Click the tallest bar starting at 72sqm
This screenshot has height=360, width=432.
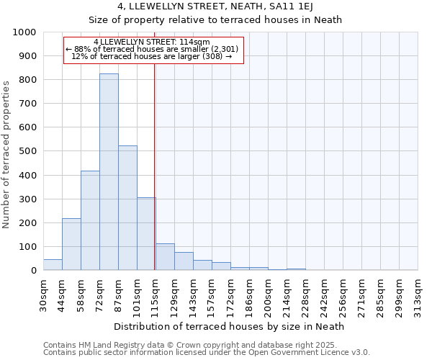pyautogui.click(x=109, y=173)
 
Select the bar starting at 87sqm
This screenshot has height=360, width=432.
pyautogui.click(x=127, y=209)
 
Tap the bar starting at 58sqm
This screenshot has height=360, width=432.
pyautogui.click(x=90, y=221)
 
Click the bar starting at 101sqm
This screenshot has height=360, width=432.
pyautogui.click(x=146, y=235)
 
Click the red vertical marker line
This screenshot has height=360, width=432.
pyautogui.click(x=155, y=166)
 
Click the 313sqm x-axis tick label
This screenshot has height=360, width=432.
pyautogui.click(x=418, y=295)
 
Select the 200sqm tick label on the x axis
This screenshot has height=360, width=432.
pyautogui.click(x=269, y=295)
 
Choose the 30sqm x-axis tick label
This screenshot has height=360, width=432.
pyautogui.click(x=44, y=295)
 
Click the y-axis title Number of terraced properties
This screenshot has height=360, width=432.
pyautogui.click(x=7, y=154)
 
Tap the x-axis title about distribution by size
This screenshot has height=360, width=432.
pyautogui.click(x=229, y=326)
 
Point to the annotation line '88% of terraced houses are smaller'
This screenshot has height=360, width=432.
pyautogui.click(x=152, y=49)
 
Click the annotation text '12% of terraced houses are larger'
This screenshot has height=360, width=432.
pyautogui.click(x=152, y=56)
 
